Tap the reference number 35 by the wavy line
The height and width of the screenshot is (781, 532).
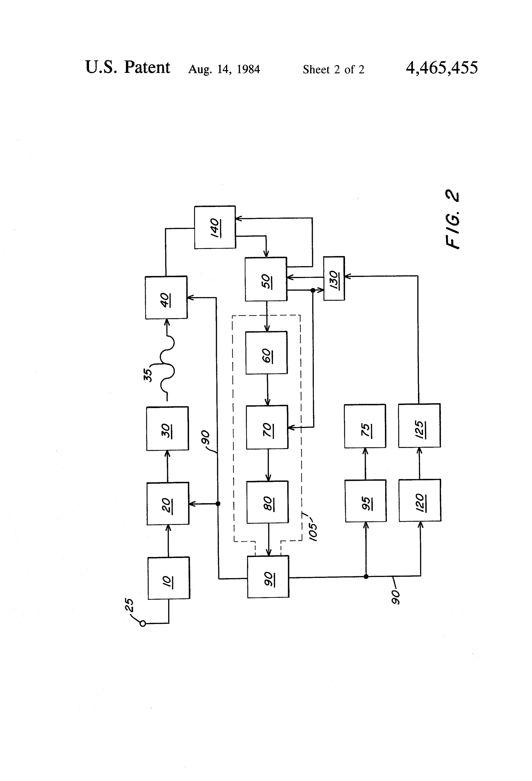[148, 375]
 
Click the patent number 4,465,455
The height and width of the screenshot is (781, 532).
[442, 68]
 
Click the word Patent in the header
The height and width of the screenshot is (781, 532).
[147, 67]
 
